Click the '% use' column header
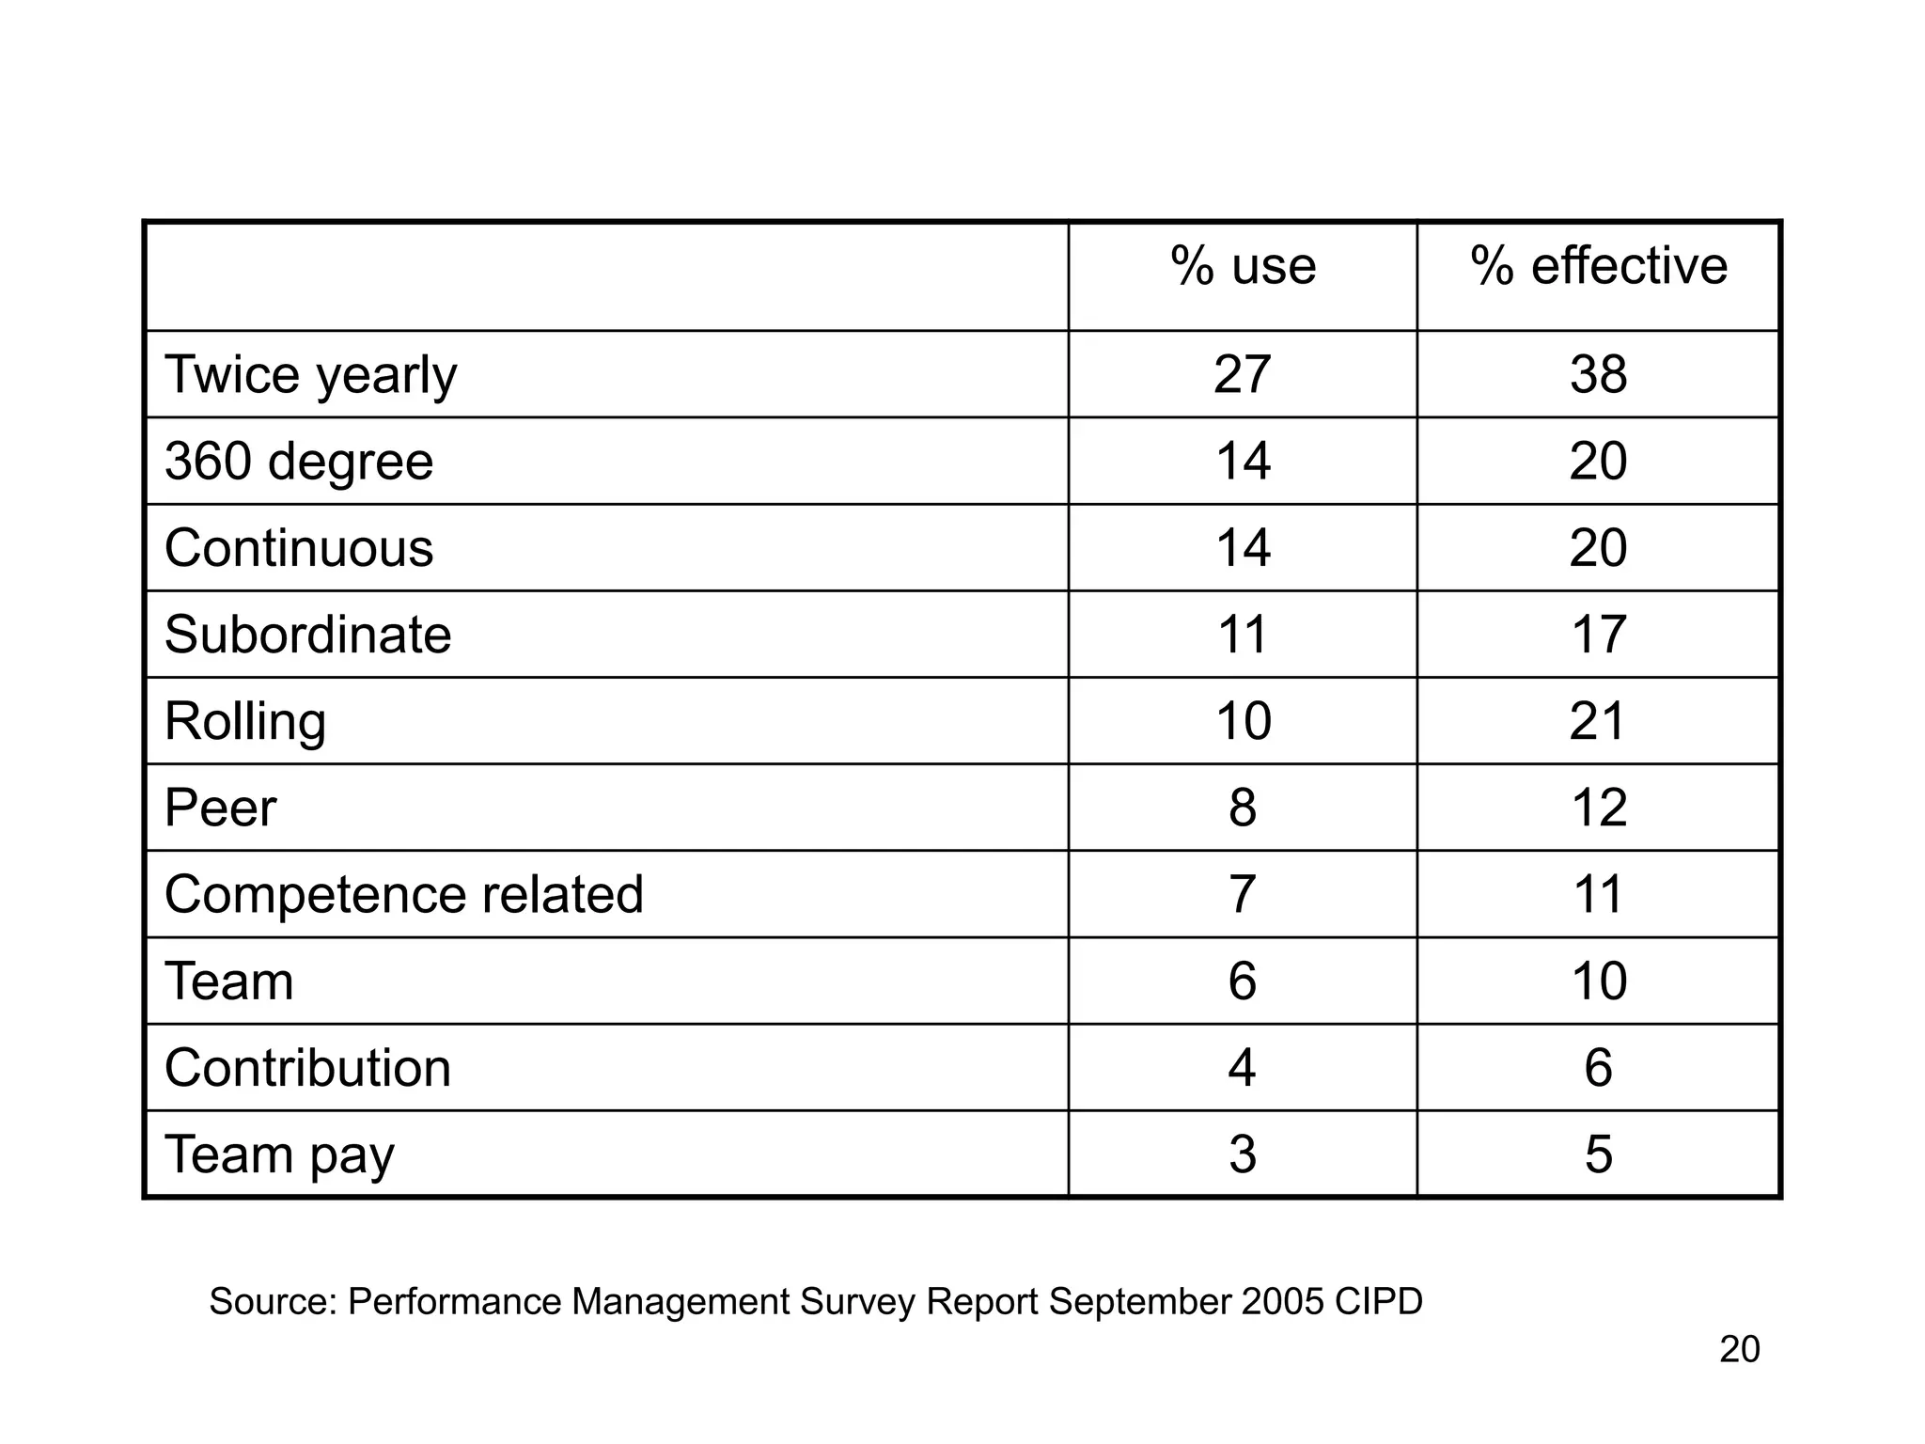click(1243, 266)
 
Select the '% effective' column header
click(1598, 266)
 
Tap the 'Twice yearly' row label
click(310, 375)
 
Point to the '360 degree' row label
click(299, 462)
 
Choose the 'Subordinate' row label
click(307, 635)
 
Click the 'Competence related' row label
click(403, 894)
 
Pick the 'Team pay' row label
click(279, 1154)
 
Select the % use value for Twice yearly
click(1242, 375)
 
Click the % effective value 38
click(1598, 375)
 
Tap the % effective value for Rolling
click(1598, 721)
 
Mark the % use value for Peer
click(1242, 808)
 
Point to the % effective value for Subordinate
click(1598, 635)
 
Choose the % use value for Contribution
click(1242, 1068)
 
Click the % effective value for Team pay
click(1598, 1154)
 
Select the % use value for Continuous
click(1242, 548)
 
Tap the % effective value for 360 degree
click(1598, 462)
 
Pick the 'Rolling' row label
click(245, 721)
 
